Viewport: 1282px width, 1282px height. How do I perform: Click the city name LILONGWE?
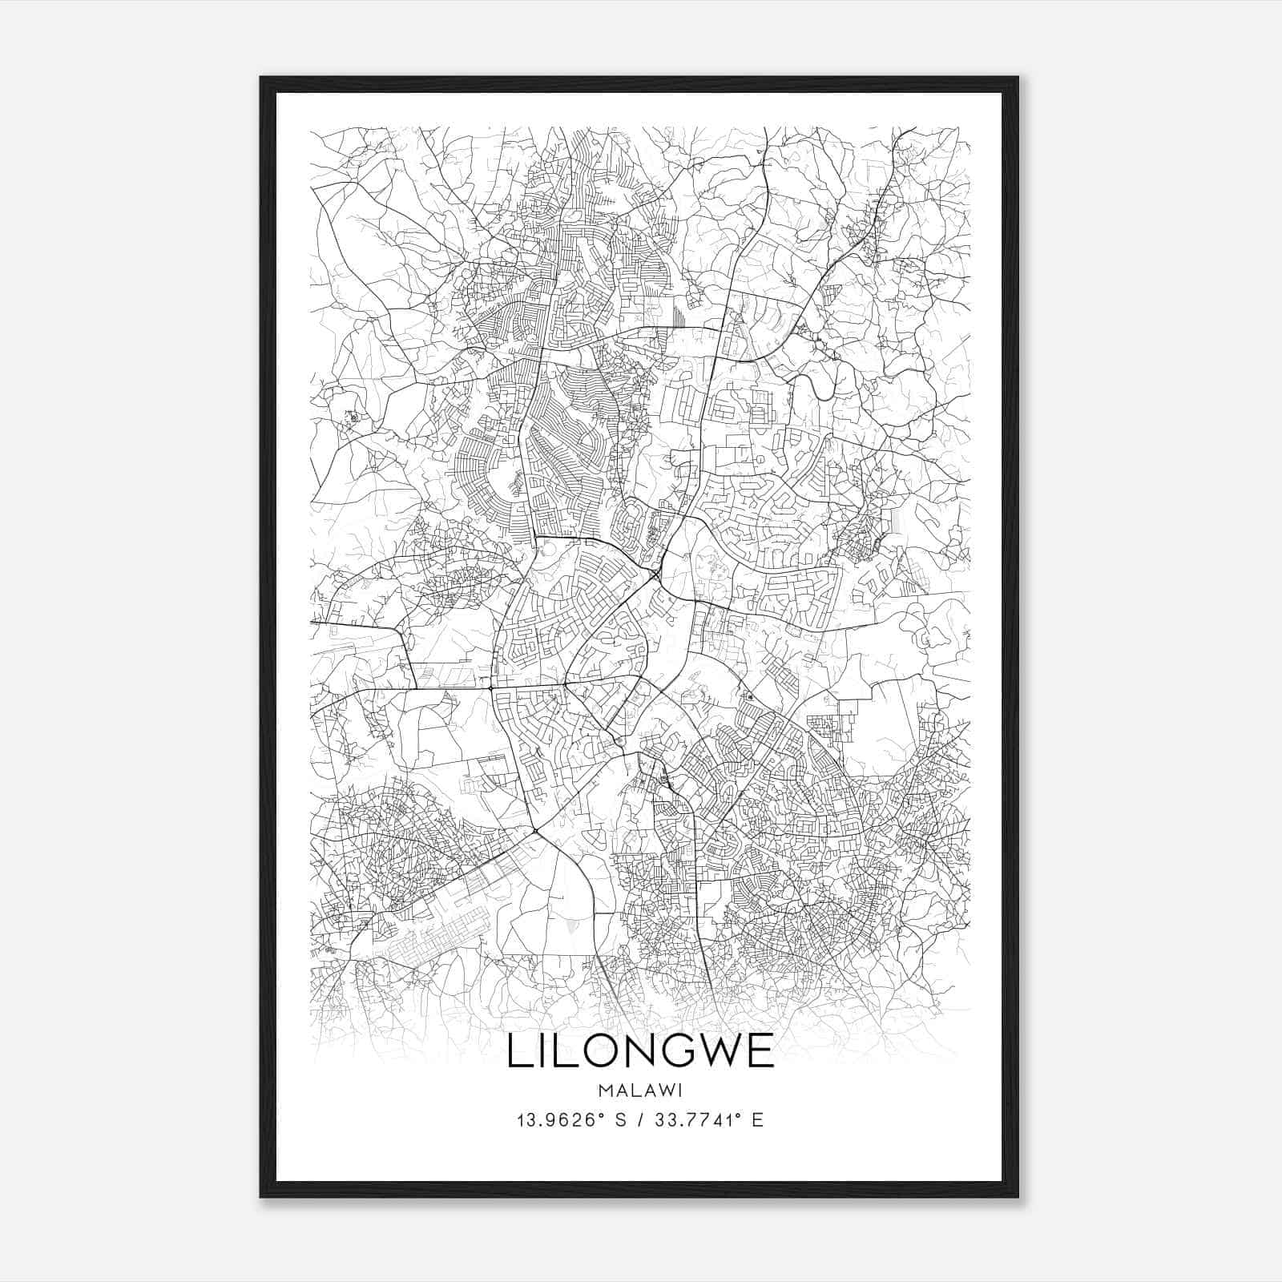[640, 1051]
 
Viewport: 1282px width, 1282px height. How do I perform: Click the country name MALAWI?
[640, 1090]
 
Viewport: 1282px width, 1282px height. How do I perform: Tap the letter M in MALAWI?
[605, 1090]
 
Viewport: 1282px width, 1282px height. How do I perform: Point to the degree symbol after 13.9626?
[600, 1115]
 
